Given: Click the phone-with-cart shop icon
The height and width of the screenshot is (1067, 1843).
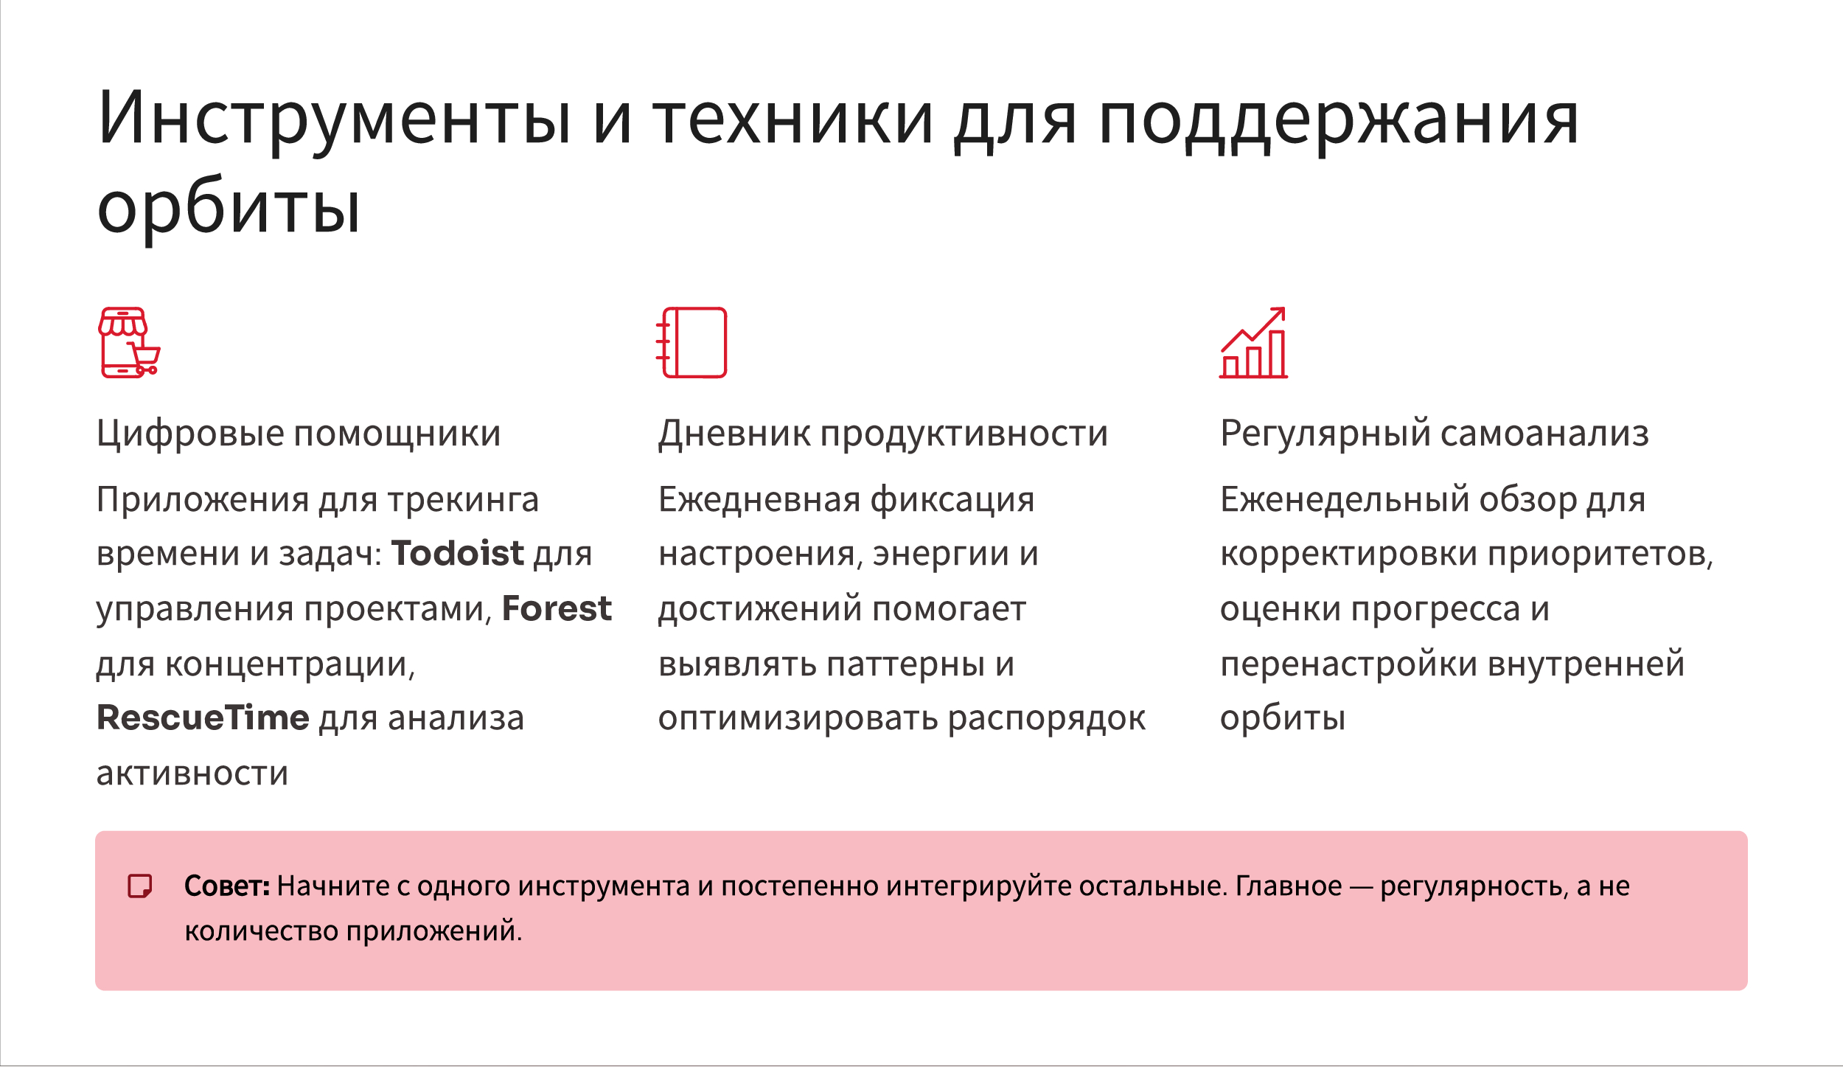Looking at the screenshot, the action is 130,343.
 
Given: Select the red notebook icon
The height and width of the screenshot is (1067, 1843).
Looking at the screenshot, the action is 691,343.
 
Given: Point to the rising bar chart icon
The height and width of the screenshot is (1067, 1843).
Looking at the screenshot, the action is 1253,343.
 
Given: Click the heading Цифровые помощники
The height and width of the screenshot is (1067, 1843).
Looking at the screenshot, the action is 299,434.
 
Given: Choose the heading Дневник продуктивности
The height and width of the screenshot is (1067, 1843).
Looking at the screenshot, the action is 883,434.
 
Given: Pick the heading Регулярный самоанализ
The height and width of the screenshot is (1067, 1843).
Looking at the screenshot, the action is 1435,434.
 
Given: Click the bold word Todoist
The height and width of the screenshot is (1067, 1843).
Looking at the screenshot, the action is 457,553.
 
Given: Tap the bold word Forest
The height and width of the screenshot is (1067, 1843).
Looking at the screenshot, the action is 557,608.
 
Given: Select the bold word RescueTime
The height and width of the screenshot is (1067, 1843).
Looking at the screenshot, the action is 203,717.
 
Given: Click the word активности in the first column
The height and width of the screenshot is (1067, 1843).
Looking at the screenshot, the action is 192,774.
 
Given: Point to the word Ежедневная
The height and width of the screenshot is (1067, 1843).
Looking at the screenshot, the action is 759,500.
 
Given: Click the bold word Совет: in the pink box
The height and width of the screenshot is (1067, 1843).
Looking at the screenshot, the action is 227,886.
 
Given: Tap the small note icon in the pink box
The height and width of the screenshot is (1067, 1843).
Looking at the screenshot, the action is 140,886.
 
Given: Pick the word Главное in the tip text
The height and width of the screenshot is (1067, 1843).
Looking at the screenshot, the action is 1289,886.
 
